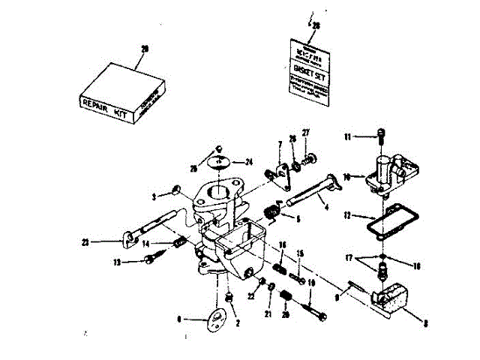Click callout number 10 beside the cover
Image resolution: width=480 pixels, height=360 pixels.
pyautogui.click(x=348, y=177)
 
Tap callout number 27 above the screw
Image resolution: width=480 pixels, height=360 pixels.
pyautogui.click(x=306, y=133)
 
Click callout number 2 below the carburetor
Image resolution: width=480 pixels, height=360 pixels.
pyautogui.click(x=238, y=325)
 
